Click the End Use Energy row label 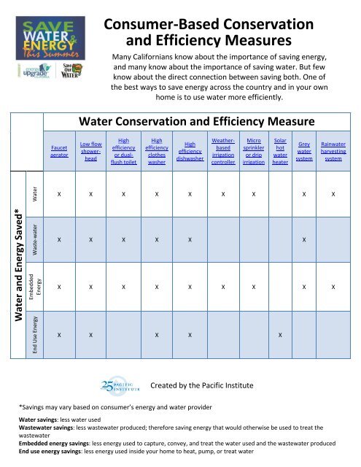tap(33, 336)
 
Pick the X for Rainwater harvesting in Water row tap(333, 195)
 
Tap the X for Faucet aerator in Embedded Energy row tap(59, 287)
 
